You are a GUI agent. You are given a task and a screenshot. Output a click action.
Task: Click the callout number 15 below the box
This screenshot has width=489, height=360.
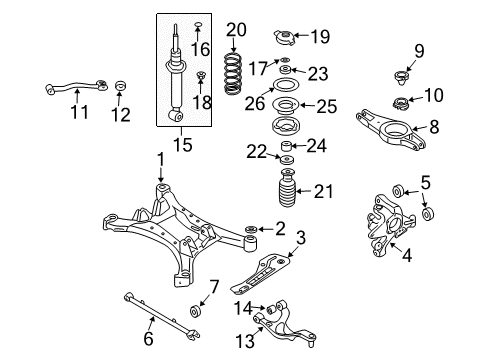[x=183, y=144]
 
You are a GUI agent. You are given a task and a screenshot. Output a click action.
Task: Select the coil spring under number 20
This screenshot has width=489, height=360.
[x=232, y=73]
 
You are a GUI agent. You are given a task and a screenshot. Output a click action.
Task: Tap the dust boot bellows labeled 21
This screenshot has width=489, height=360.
[x=287, y=188]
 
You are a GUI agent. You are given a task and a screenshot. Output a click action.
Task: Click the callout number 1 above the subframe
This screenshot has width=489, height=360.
[x=161, y=160]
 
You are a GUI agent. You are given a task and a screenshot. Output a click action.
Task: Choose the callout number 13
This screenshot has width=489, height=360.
[x=245, y=341]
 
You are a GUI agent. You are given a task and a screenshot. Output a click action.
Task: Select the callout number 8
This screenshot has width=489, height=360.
[x=434, y=127]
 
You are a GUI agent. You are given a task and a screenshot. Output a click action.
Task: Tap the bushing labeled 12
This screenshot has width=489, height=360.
[x=121, y=85]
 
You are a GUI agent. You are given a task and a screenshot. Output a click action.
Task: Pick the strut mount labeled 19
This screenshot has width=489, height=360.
[x=284, y=37]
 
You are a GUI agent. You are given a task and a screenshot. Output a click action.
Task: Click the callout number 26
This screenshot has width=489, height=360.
[x=255, y=103]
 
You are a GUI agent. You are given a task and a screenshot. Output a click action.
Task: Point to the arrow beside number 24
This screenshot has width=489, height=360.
[x=299, y=145]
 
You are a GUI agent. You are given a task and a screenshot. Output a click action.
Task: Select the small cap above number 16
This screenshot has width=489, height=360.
[x=198, y=24]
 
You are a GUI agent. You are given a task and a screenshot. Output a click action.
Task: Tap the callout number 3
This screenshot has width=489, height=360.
[x=300, y=238]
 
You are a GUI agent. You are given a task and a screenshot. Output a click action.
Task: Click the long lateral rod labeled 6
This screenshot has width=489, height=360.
[x=162, y=316]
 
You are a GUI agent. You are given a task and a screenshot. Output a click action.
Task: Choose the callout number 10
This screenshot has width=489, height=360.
[x=434, y=95]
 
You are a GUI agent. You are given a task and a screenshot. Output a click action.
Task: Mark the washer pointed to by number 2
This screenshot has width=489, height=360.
[x=251, y=229]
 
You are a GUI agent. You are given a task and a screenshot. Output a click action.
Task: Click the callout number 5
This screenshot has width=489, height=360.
[x=426, y=182]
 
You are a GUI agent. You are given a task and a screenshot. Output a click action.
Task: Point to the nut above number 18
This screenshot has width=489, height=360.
[x=201, y=75]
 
